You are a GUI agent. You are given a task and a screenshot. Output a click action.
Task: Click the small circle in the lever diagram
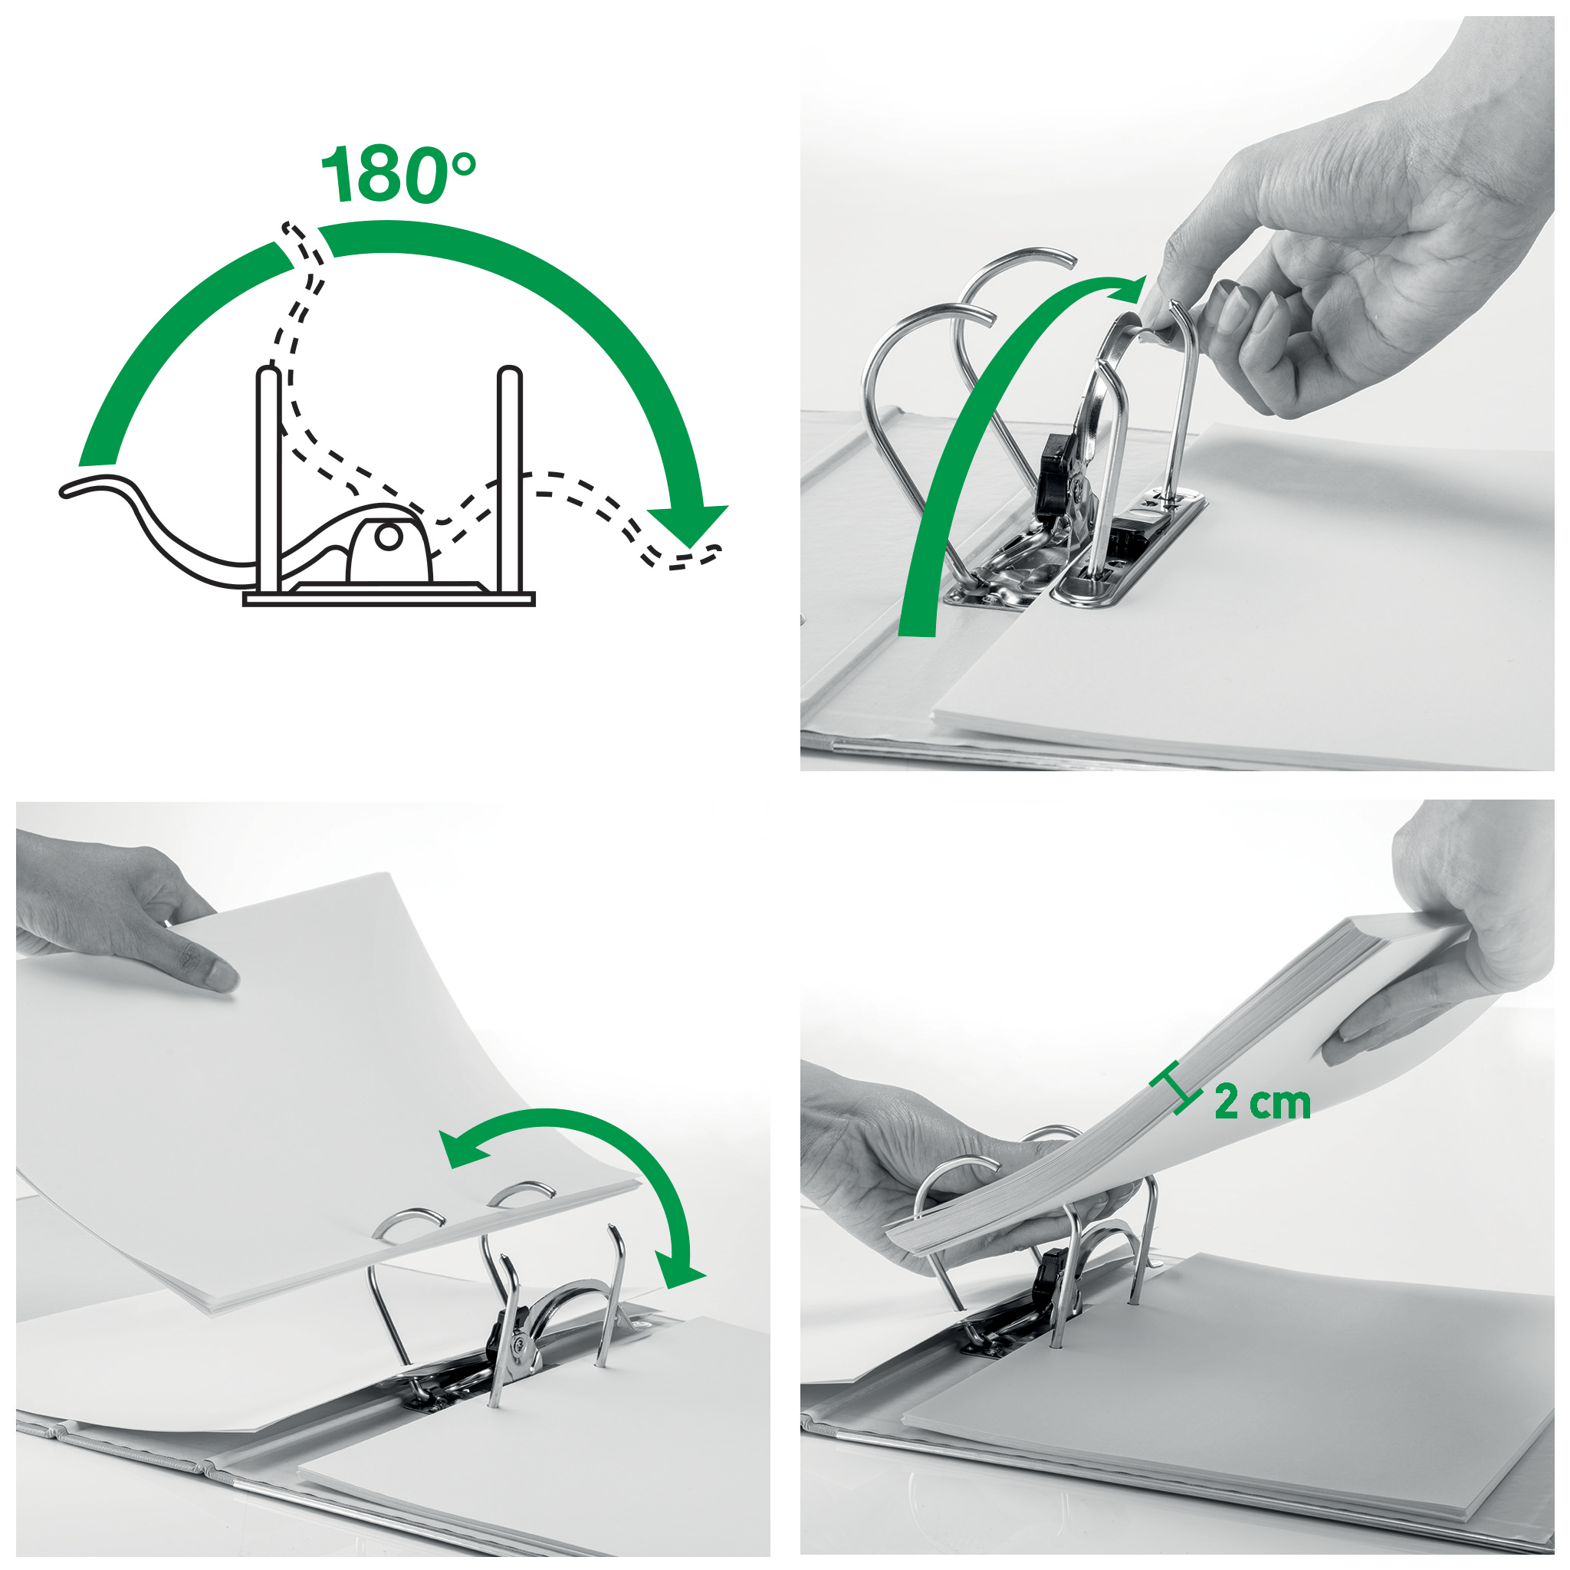(x=389, y=537)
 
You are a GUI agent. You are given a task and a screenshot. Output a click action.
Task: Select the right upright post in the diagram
(x=510, y=479)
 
